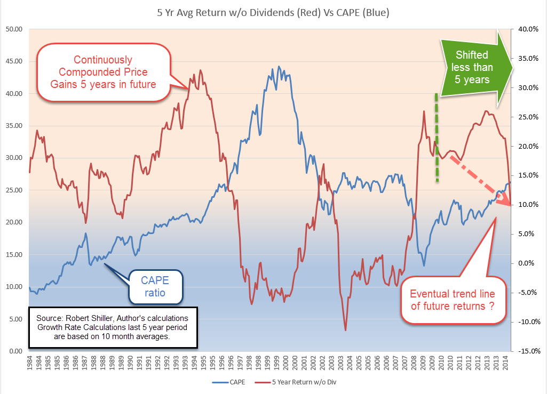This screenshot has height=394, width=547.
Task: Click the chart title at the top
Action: (x=273, y=12)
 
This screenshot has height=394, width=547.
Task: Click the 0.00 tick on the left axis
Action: (x=14, y=351)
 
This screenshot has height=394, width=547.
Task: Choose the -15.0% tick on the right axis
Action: (x=525, y=351)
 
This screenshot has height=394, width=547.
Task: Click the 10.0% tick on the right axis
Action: (x=525, y=205)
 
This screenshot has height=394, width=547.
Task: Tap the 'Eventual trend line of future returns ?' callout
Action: (x=452, y=300)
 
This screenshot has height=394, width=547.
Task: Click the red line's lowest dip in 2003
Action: (x=345, y=331)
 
